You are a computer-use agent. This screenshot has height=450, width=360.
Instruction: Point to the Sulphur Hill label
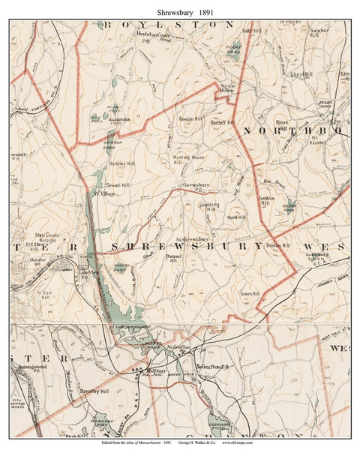click(319, 34)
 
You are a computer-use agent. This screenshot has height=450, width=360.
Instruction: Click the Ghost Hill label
click(300, 75)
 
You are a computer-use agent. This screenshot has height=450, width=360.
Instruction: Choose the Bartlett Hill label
click(222, 122)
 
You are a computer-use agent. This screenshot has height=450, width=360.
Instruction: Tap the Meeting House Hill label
click(189, 160)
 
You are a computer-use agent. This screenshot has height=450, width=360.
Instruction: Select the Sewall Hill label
click(119, 182)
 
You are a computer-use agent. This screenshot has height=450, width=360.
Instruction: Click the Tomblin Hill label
click(268, 201)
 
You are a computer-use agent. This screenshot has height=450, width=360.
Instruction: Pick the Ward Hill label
click(236, 217)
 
